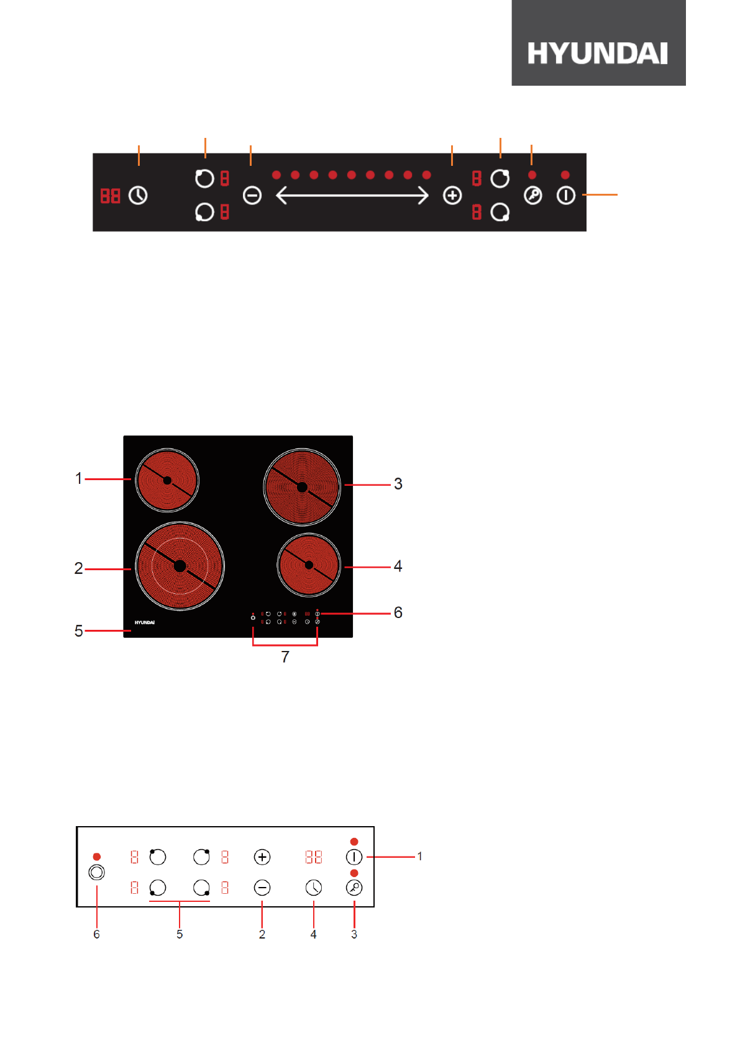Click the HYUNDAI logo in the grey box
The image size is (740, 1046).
pyautogui.click(x=598, y=53)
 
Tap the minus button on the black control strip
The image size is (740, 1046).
pyautogui.click(x=252, y=195)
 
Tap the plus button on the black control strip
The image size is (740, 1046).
pyautogui.click(x=452, y=195)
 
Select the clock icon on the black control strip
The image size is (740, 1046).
pyautogui.click(x=138, y=195)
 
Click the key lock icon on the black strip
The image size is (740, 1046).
pyautogui.click(x=532, y=195)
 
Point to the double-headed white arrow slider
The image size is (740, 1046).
pyautogui.click(x=352, y=195)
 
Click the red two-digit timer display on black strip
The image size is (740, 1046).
pyautogui.click(x=110, y=196)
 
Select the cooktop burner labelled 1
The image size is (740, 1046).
pyautogui.click(x=167, y=480)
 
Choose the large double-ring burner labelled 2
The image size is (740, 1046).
pyautogui.click(x=180, y=566)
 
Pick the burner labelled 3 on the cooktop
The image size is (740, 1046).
pyautogui.click(x=302, y=487)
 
